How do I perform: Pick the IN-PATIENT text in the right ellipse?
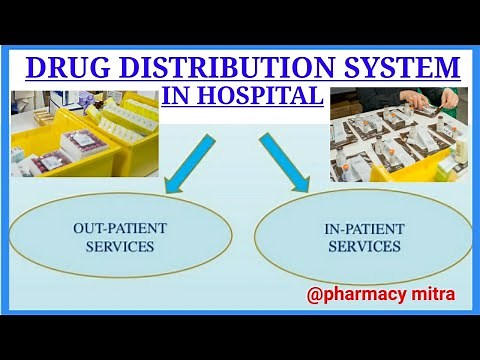363,229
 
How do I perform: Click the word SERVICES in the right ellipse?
363,246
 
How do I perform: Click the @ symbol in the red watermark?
316,296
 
